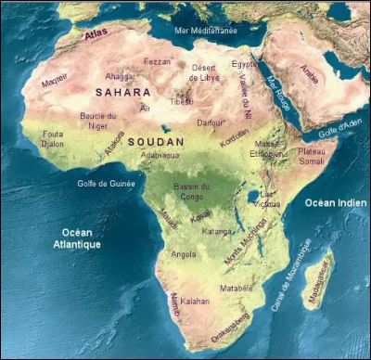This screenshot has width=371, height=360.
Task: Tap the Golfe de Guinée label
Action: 106,183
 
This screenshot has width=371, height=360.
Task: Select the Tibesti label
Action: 181,101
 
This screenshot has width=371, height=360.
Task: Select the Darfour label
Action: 212,121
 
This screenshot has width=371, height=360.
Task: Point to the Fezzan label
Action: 158,61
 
